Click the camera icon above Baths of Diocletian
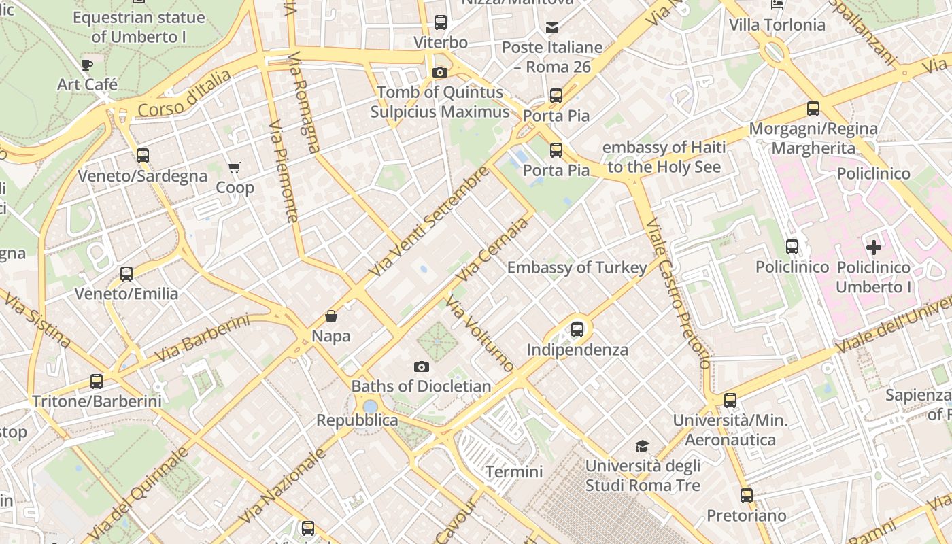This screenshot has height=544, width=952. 422,367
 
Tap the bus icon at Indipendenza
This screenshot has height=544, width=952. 577,330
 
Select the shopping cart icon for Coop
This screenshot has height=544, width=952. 235,167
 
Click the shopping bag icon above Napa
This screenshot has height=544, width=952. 331,316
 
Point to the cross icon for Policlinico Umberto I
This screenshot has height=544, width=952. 874,248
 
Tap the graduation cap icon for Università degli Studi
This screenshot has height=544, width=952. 642,446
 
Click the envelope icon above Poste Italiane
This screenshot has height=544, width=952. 552,28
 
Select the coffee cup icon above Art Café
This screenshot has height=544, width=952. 87,65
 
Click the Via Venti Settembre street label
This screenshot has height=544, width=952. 429,222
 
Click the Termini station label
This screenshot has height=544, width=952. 514,472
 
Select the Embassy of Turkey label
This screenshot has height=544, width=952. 577,268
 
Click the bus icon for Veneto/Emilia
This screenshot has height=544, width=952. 126,274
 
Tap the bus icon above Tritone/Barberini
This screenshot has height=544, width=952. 97,381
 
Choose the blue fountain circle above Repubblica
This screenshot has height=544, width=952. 371,407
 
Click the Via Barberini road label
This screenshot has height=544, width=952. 203,339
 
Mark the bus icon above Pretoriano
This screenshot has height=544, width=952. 747,496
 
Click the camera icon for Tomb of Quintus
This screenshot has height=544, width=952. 440,72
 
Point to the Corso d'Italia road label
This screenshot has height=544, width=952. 184,94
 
